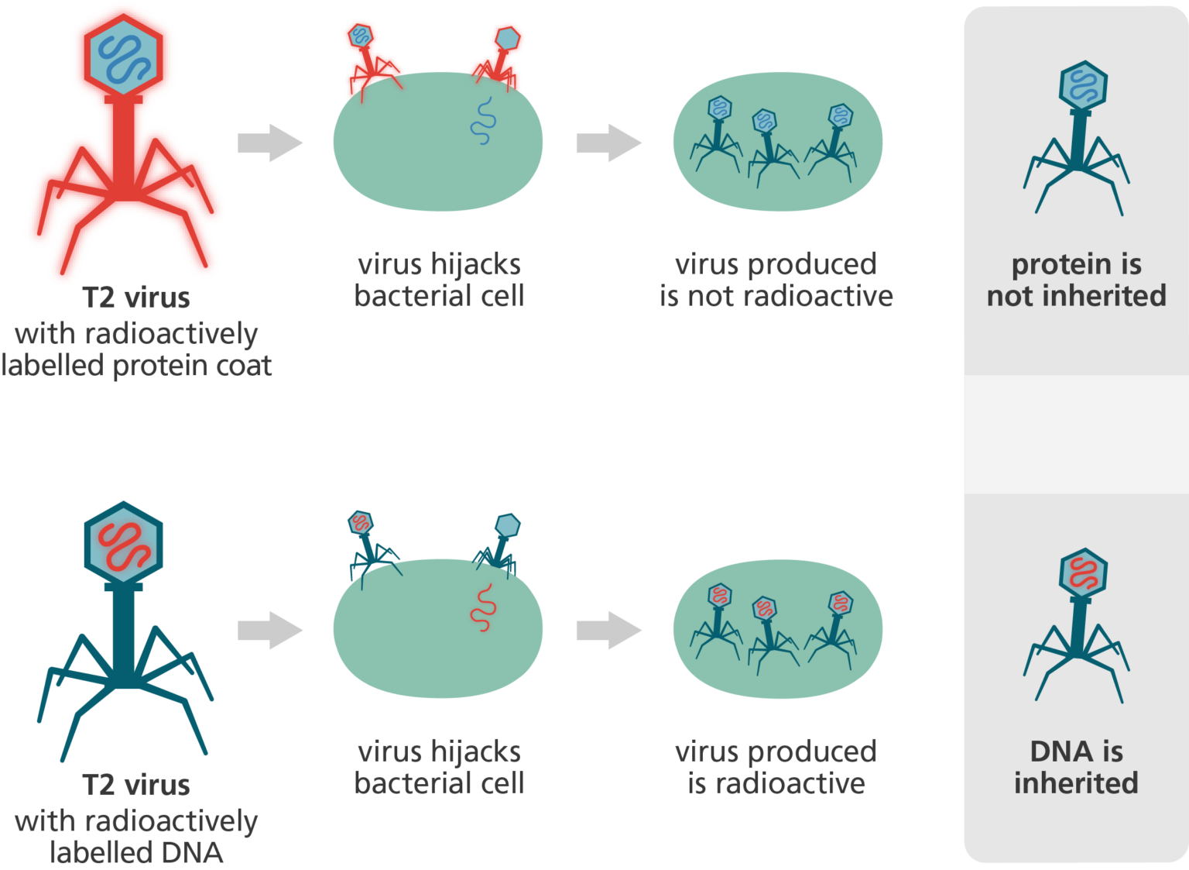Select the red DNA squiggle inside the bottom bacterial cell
click(x=483, y=608)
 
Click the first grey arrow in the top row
click(x=269, y=143)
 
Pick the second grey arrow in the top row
click(x=608, y=143)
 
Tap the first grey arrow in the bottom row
click(x=269, y=631)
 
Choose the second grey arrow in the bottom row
click(x=608, y=631)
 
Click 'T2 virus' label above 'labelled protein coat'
click(x=136, y=297)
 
